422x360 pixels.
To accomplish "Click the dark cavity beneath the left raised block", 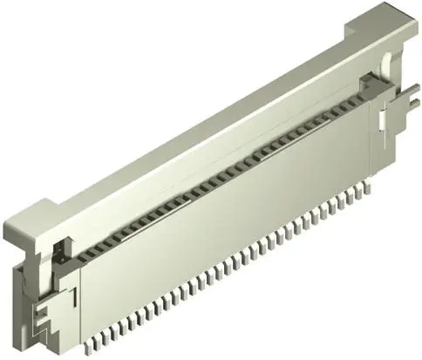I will (58, 253).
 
